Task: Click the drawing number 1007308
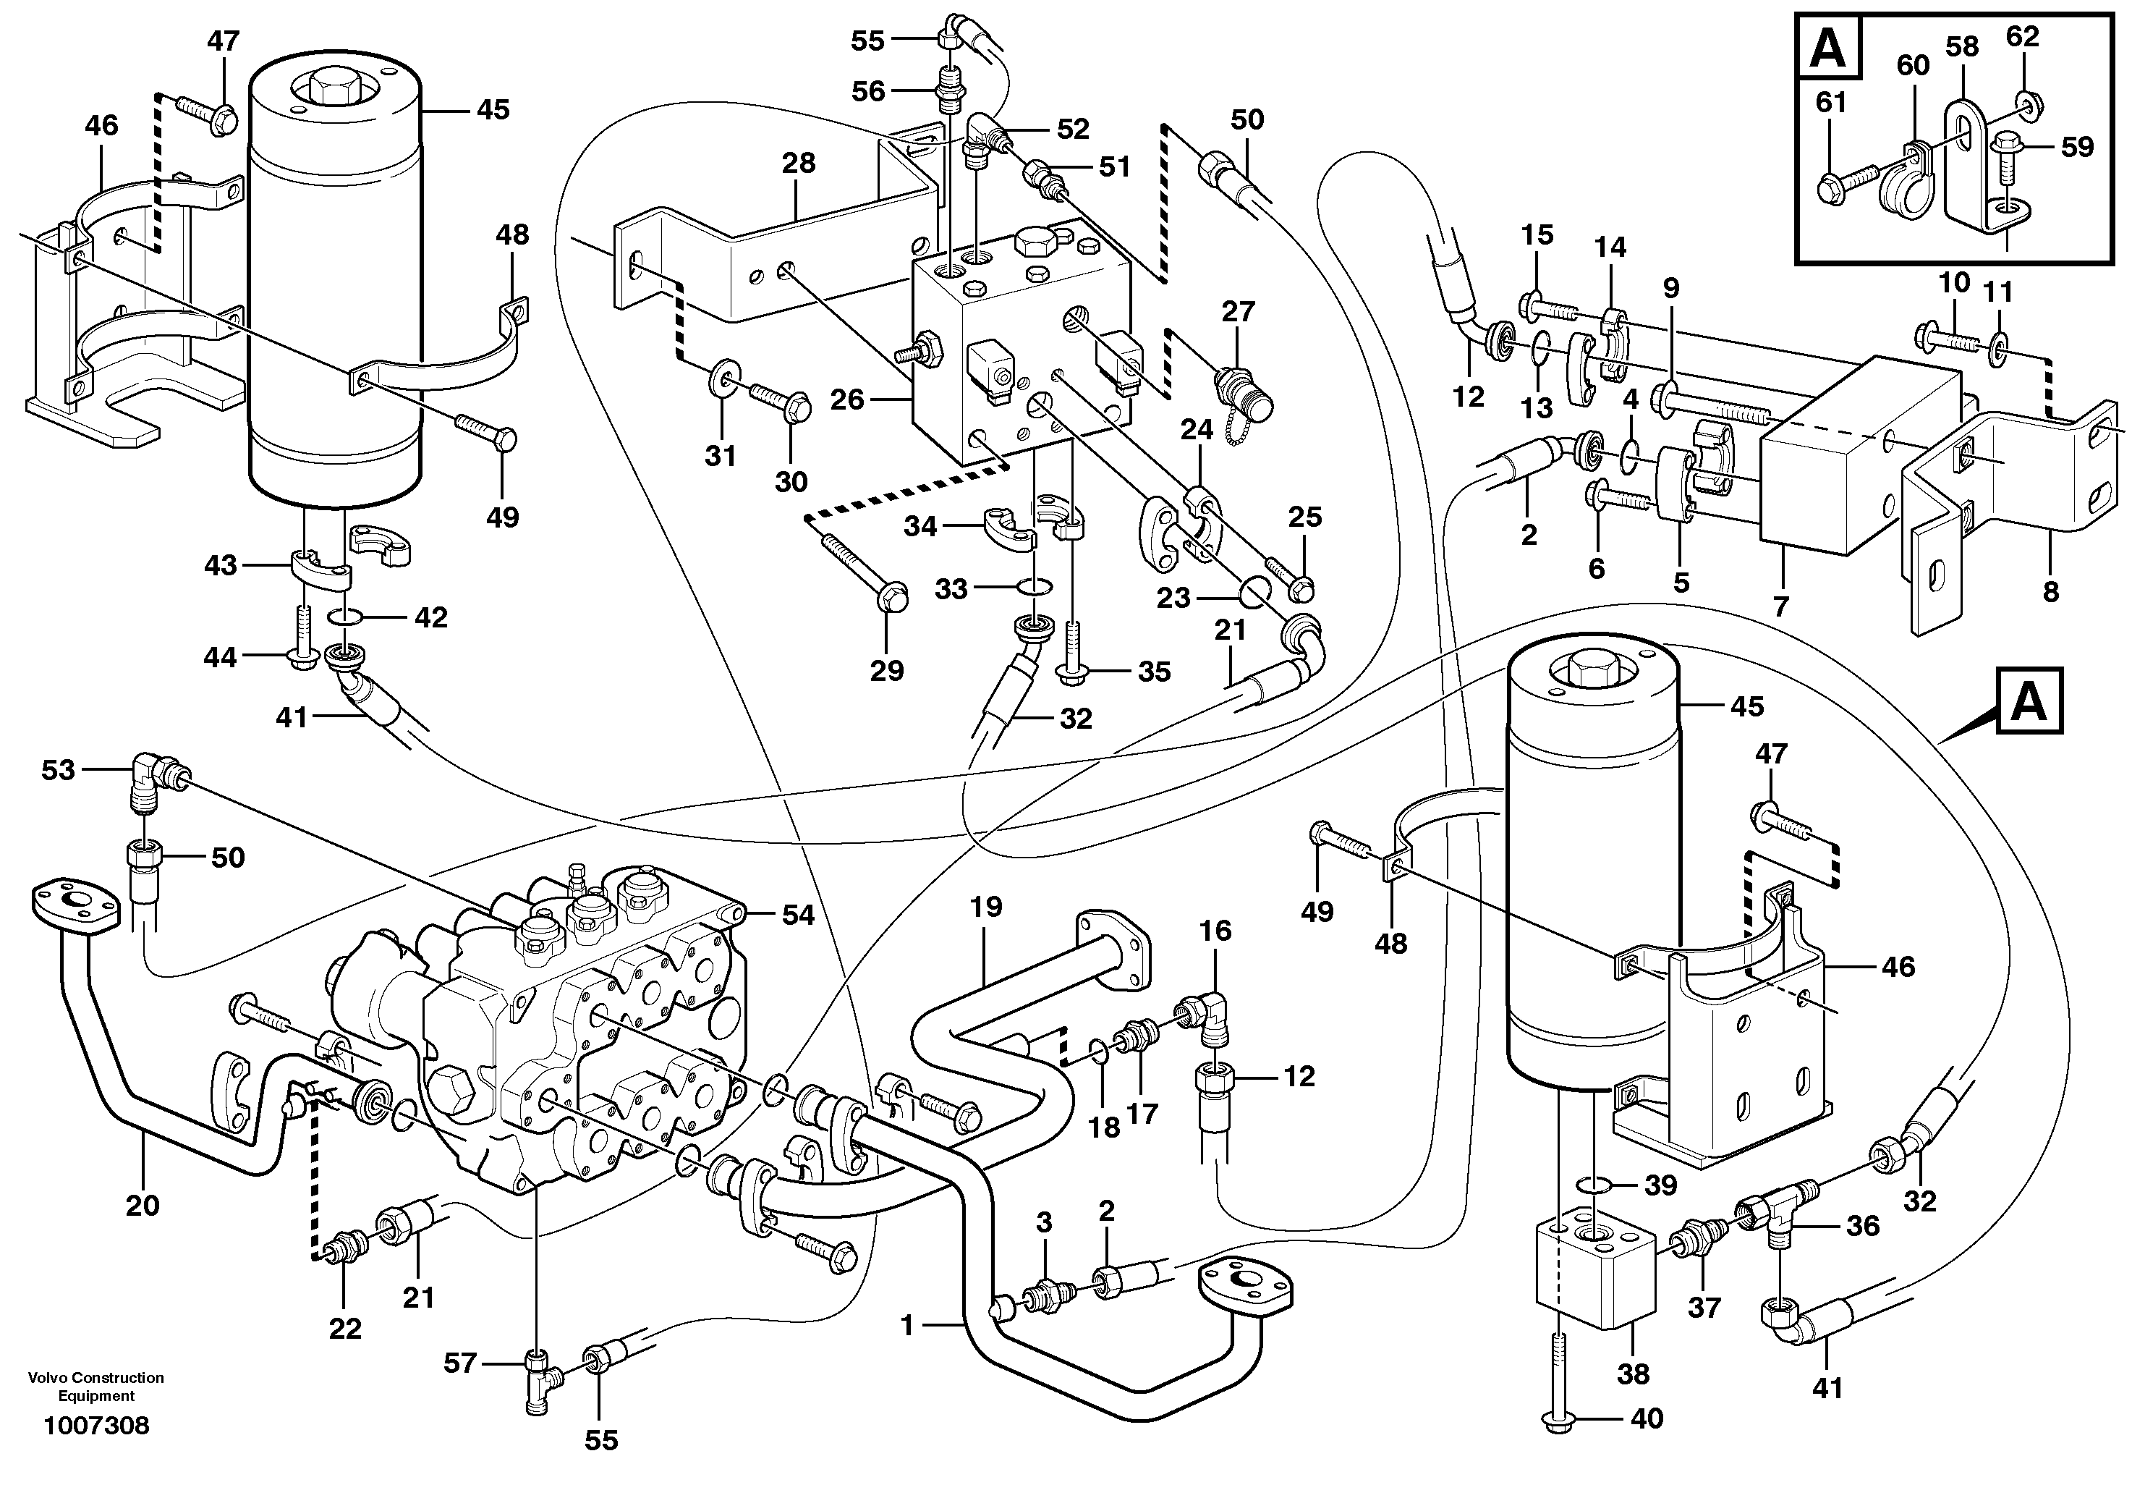coord(95,1426)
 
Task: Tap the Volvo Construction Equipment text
coord(95,1387)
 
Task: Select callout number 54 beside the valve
coord(798,915)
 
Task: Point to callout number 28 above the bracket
coord(798,163)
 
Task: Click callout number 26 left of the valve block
coord(847,400)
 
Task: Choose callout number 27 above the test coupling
coord(1238,311)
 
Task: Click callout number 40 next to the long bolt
coord(1647,1418)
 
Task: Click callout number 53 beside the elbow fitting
coord(58,770)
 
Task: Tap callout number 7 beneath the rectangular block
coord(1780,606)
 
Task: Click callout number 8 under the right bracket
coord(2050,591)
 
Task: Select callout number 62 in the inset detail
coord(2023,36)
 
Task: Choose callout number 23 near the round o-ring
coord(1173,597)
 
